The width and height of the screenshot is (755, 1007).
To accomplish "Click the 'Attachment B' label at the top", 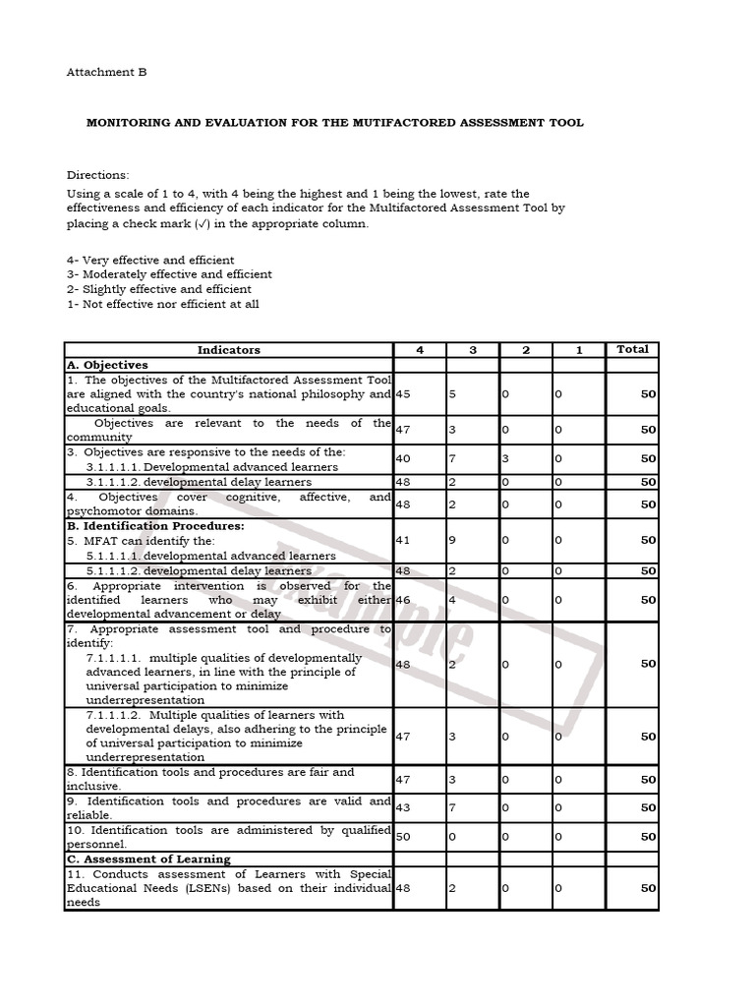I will pos(106,72).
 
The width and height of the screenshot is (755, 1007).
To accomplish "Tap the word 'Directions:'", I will pos(98,174).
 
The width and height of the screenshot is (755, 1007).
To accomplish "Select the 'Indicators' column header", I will pos(228,349).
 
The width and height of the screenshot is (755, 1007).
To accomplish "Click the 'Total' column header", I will pos(632,349).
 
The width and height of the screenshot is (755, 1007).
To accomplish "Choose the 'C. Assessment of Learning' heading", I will pos(148,859).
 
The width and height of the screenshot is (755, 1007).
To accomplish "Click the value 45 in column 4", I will pos(403,394).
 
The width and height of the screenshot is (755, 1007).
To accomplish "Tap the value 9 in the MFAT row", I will pos(453,540).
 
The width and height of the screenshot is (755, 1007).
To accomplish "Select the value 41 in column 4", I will pos(403,540).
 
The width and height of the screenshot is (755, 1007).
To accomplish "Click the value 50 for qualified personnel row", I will pos(403,837).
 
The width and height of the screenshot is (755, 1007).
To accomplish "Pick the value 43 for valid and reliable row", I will pos(403,807).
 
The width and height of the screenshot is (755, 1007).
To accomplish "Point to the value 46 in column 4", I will pos(403,599).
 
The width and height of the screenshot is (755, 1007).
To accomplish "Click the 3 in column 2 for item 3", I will pos(504,458).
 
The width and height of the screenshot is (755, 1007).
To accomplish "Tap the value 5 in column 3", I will pos(453,394).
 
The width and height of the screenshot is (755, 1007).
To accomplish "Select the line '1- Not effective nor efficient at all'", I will pos(162,305).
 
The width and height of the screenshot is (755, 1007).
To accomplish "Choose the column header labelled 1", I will pos(579,349).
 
